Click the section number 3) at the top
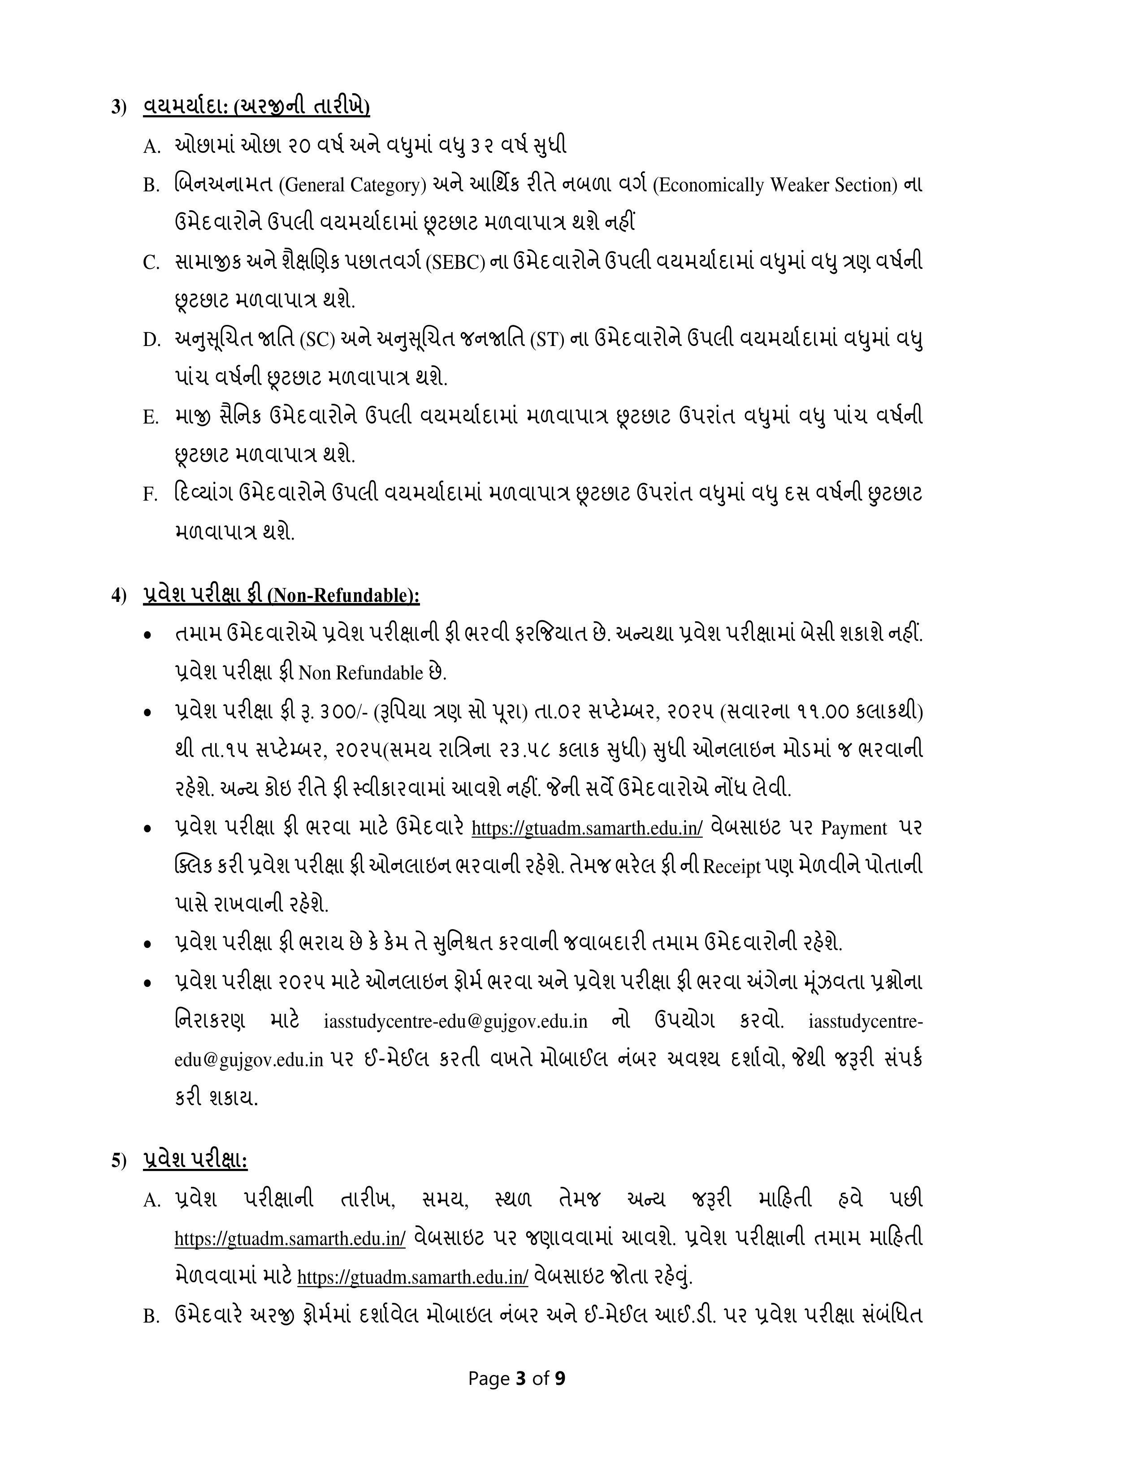tap(119, 108)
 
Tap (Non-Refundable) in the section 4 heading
tap(344, 596)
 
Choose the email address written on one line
tap(456, 1022)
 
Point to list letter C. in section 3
tap(150, 263)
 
